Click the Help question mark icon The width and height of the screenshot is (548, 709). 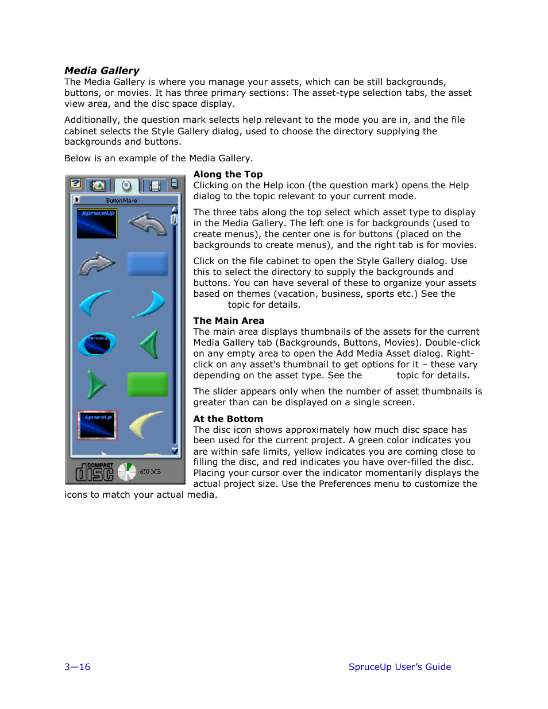click(x=76, y=184)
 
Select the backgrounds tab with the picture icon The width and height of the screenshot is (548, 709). click(x=98, y=185)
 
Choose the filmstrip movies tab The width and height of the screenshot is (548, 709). click(x=154, y=185)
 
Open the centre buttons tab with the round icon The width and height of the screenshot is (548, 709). click(x=126, y=185)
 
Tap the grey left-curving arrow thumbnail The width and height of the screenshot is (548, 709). click(x=148, y=223)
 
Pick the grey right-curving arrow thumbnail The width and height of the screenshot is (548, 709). click(x=97, y=264)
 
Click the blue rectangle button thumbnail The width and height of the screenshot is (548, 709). click(x=148, y=264)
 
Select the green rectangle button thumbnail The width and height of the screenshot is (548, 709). click(x=148, y=384)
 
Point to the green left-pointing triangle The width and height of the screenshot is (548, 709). click(x=149, y=344)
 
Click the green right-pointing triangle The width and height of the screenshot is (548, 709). click(x=97, y=384)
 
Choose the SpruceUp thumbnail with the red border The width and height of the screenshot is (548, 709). click(x=97, y=425)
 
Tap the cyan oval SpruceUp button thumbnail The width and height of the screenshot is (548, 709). click(x=97, y=344)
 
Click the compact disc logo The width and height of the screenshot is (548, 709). click(x=95, y=472)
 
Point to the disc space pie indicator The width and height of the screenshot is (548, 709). click(x=127, y=472)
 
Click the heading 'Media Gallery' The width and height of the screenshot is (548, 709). click(x=102, y=71)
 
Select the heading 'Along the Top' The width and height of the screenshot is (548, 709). click(x=228, y=175)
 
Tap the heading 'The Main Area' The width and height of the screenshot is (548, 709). click(x=229, y=321)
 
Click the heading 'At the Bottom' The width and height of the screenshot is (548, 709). click(x=228, y=419)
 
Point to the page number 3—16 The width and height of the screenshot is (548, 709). click(x=78, y=667)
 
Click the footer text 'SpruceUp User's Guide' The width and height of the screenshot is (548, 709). click(x=400, y=667)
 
